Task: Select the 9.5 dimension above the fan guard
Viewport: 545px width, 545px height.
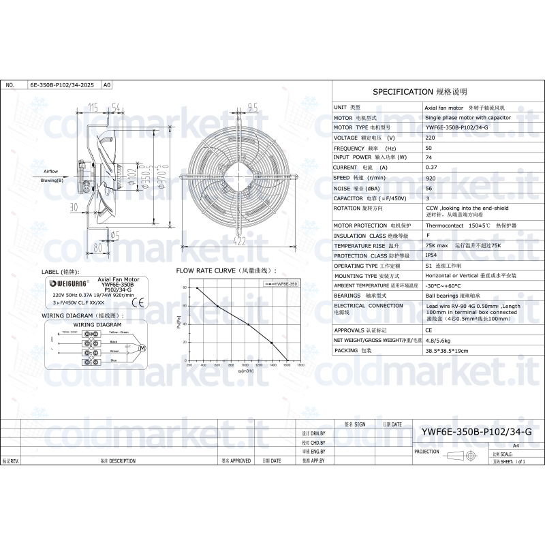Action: click(x=253, y=107)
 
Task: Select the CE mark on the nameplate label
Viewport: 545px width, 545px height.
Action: click(x=155, y=304)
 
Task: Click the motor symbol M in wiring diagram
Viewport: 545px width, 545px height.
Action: click(x=142, y=348)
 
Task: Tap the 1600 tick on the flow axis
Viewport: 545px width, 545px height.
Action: click(x=287, y=366)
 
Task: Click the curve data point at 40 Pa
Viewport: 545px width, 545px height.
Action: click(x=249, y=324)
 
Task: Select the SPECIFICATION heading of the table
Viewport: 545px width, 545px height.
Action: click(x=420, y=91)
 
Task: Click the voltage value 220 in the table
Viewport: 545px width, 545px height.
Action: click(x=430, y=138)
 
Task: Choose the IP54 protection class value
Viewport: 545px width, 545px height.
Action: click(x=431, y=255)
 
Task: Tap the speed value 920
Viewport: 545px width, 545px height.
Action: click(x=430, y=177)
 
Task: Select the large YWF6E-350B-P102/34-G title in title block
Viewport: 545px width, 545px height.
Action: click(x=476, y=431)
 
